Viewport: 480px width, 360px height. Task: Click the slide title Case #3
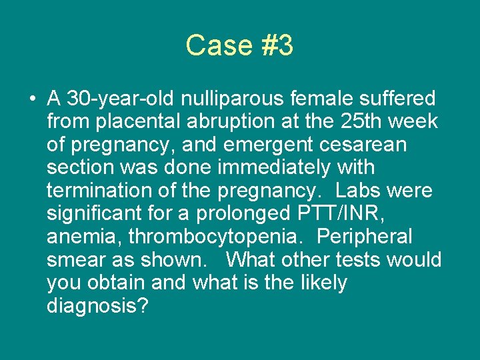click(x=239, y=45)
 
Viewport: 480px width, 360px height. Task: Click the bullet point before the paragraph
click(x=33, y=100)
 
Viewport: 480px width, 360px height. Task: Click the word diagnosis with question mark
click(x=98, y=305)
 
